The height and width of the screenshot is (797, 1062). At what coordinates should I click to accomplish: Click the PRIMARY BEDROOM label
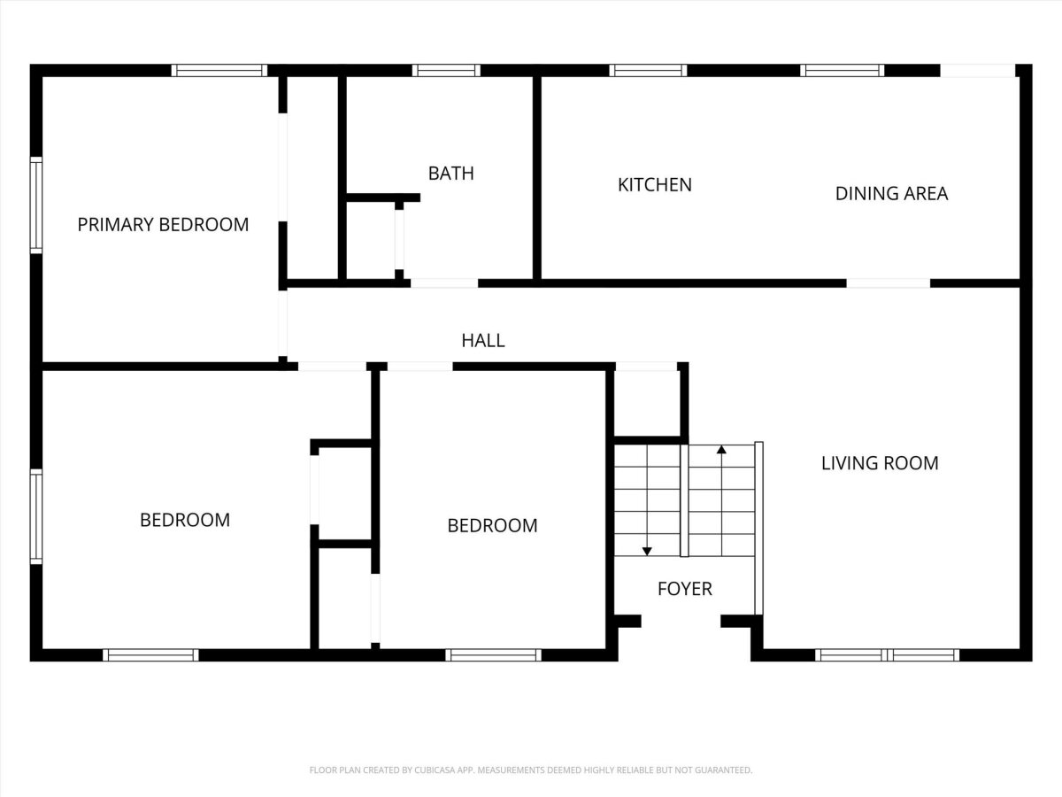coord(163,225)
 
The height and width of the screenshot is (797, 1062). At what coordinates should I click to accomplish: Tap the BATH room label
coord(451,174)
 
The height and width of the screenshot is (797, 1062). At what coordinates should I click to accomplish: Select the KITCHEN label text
coord(655,185)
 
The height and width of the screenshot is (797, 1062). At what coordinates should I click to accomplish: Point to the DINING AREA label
coord(891,194)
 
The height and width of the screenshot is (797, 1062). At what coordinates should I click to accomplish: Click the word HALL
coord(483,341)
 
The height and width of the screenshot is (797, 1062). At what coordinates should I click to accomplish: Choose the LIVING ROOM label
coord(880,463)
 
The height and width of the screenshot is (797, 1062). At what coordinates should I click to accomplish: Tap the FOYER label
coord(685,589)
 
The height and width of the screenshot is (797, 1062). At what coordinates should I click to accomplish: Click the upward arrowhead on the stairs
coord(721,450)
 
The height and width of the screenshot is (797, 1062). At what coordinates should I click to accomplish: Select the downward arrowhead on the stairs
coord(647,551)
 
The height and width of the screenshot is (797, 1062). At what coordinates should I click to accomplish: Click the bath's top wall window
coord(446,71)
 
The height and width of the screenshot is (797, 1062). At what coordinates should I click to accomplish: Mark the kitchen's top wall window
coord(648,71)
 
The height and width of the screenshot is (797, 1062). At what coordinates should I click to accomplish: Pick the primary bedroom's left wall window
coord(36,205)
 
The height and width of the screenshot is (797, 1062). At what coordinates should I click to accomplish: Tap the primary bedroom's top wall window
coord(219,71)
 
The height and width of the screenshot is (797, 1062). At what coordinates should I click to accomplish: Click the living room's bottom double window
coord(887,655)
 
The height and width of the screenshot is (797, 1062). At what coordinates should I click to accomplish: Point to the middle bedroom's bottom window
coord(493,655)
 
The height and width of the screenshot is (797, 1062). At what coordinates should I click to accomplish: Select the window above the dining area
coord(842,71)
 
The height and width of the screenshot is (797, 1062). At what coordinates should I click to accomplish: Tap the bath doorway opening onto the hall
coord(444,283)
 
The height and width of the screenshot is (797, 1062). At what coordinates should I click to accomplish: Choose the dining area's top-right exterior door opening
coord(977,71)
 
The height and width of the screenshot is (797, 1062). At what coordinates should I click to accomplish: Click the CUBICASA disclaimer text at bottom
coord(531,770)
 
